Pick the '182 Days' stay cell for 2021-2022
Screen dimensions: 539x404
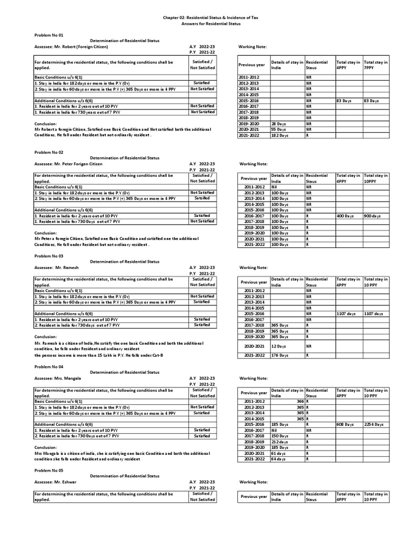(x=279, y=135)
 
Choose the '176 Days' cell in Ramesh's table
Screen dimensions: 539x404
(x=279, y=355)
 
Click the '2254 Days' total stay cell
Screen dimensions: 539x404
(x=375, y=424)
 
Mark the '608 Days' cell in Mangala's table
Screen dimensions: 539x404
(x=346, y=424)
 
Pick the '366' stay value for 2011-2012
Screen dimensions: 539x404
(x=299, y=402)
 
